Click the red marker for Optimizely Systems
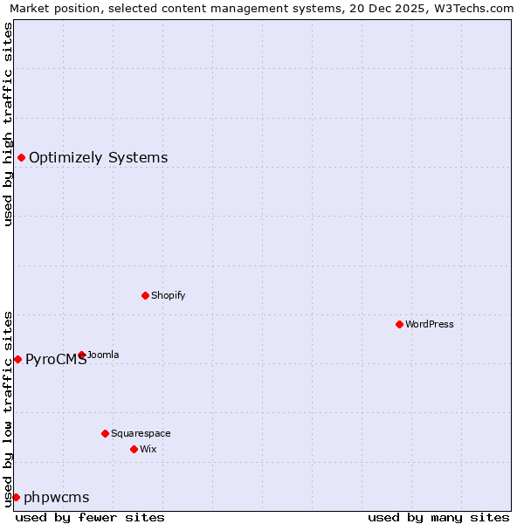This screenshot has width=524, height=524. (21, 157)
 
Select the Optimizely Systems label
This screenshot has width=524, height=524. (98, 158)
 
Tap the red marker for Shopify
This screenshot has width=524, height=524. (145, 295)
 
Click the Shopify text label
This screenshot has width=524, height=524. (168, 295)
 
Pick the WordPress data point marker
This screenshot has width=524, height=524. (399, 324)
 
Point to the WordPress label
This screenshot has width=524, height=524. (429, 324)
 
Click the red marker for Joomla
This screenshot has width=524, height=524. (81, 355)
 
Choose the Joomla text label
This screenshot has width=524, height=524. (103, 355)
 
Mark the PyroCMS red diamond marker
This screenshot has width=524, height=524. (17, 359)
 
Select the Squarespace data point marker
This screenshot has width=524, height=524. (105, 433)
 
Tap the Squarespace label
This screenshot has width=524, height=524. (141, 433)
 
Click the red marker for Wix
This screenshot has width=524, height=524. (134, 449)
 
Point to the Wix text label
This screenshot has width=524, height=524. (148, 449)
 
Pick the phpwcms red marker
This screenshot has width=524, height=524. (16, 497)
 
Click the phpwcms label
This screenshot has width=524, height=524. (56, 498)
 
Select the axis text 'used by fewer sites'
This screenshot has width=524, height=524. (90, 517)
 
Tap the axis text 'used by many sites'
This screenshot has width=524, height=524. (438, 517)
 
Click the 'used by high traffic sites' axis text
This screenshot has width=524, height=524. (9, 124)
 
